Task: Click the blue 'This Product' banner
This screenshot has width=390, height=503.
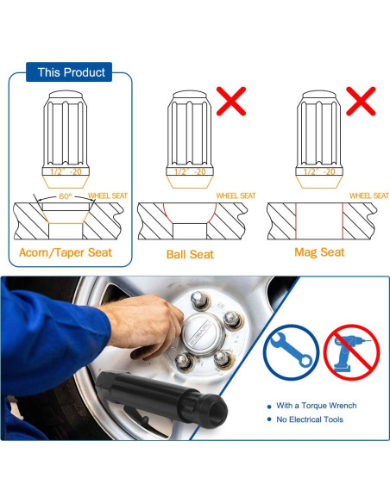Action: tap(69, 71)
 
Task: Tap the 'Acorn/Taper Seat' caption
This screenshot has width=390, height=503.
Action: tap(66, 252)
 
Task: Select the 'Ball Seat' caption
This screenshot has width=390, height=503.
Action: tap(190, 254)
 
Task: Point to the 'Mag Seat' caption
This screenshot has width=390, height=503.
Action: tap(319, 252)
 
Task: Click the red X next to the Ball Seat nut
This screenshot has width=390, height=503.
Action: tap(231, 101)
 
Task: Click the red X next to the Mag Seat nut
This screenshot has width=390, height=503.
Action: tap(361, 101)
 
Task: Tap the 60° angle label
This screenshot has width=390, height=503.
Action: tap(66, 196)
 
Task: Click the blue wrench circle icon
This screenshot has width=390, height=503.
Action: tap(291, 352)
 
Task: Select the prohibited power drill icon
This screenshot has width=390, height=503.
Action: tap(351, 352)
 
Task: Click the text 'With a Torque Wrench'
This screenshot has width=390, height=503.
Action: tap(317, 406)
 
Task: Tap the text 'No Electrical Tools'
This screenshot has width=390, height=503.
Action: tap(310, 419)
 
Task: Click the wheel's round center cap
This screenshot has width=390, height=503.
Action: tap(203, 333)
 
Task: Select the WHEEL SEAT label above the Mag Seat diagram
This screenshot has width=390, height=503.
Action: tap(369, 196)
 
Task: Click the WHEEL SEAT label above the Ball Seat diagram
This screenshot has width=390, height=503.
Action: tap(236, 196)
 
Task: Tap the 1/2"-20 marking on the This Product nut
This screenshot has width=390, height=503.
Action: tap(66, 171)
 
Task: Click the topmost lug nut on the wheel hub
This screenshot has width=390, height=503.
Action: tap(200, 300)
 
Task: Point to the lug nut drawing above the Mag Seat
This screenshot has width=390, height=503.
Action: tap(319, 139)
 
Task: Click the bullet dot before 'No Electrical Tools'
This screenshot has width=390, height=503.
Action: tap(269, 419)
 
